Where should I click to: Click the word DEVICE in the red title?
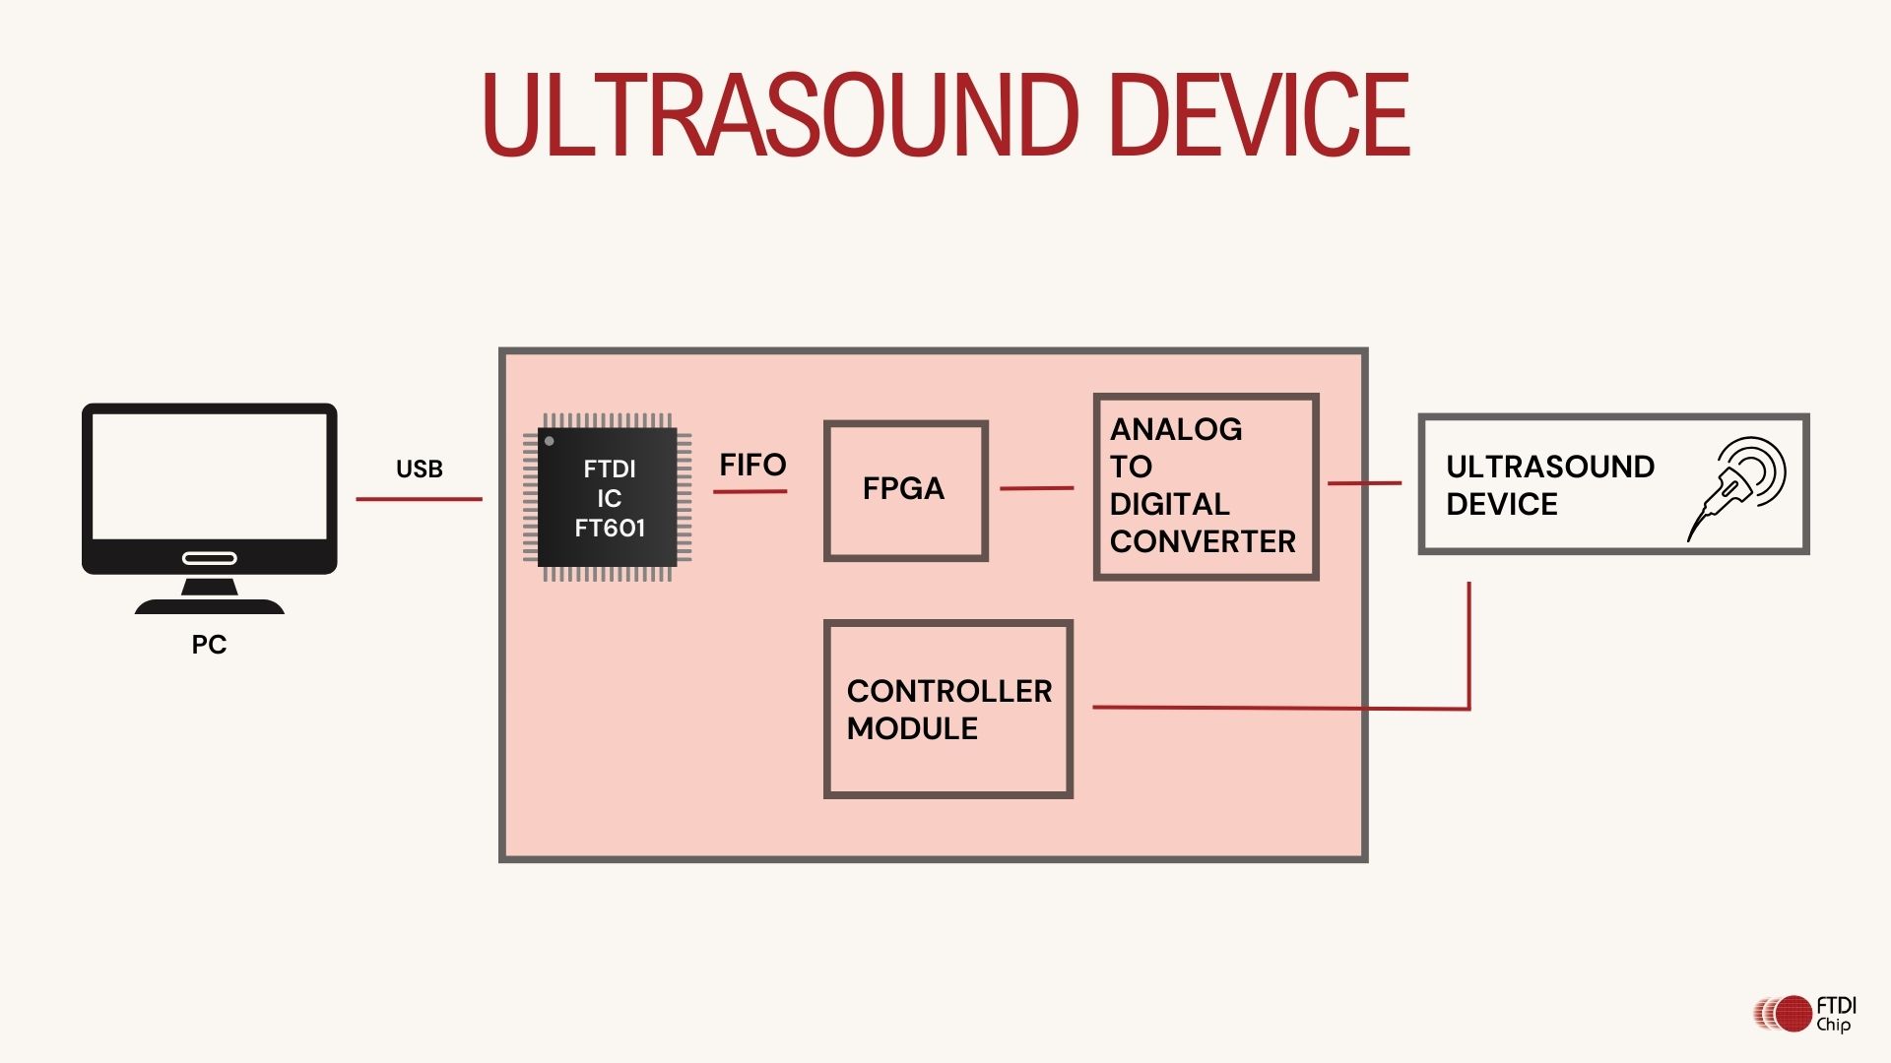[1260, 115]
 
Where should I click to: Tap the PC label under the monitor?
[209, 645]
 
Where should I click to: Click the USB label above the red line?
[420, 469]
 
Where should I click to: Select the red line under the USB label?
[420, 499]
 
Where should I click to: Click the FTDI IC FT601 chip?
[609, 498]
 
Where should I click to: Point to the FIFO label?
[752, 465]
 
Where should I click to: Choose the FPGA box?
[905, 490]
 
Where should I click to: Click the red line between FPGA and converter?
[1036, 487]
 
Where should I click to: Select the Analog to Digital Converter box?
[1206, 486]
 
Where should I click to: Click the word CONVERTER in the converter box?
[1203, 541]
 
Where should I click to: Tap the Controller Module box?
[947, 709]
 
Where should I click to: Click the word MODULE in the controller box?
[912, 728]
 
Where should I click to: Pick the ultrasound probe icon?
[1738, 485]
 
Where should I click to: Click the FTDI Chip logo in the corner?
[1804, 1014]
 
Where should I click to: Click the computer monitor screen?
[209, 475]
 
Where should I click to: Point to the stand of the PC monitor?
[209, 596]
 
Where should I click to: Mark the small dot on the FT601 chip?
[550, 441]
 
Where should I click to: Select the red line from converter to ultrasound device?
[1364, 483]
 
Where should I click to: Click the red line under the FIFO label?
[750, 490]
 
